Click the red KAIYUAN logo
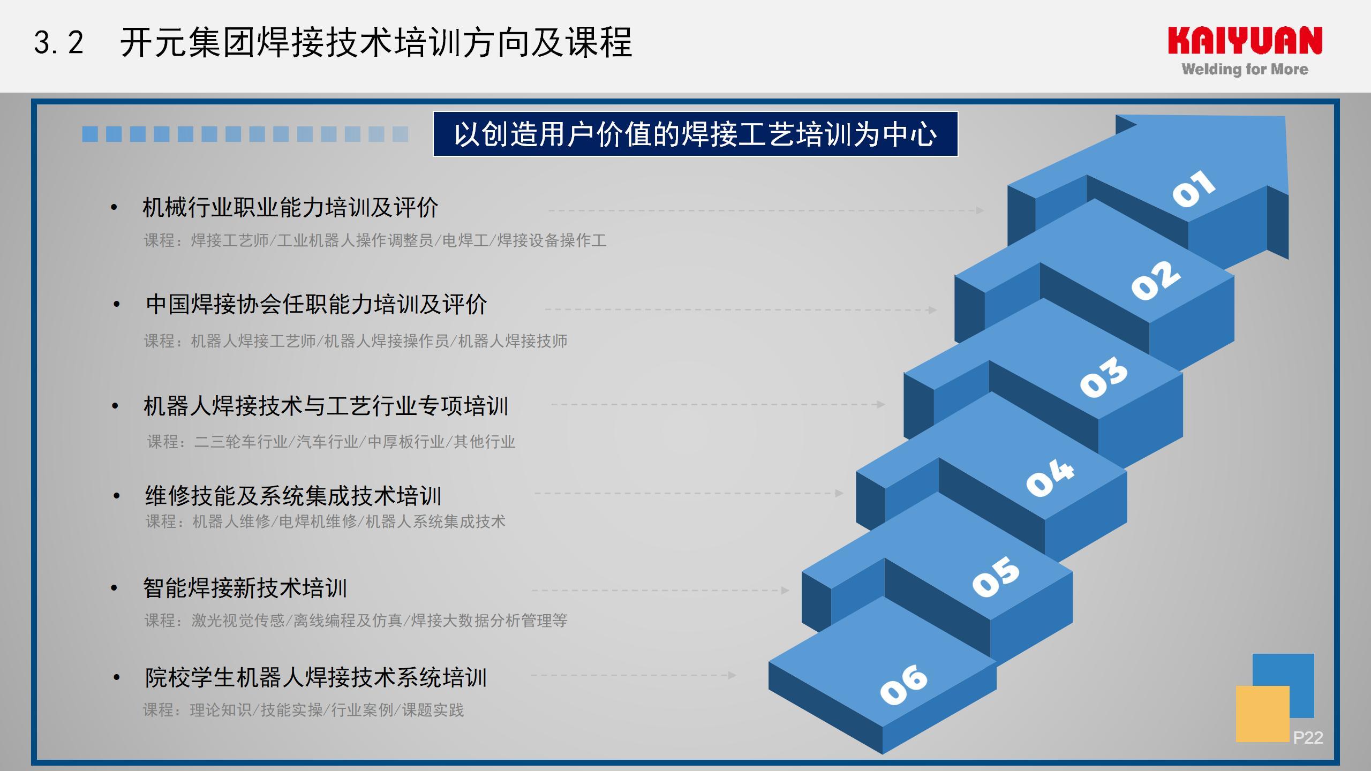[x=1245, y=41]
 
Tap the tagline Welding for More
[x=1245, y=69]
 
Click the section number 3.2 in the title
[x=59, y=42]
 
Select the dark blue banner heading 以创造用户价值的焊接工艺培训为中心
[x=695, y=134]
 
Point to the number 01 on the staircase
[x=1193, y=188]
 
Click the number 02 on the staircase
[x=1155, y=281]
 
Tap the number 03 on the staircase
[x=1103, y=377]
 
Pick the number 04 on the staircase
[x=1050, y=477]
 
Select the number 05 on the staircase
[x=996, y=576]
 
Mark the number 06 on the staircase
[x=903, y=685]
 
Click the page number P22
[x=1308, y=738]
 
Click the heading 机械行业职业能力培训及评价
[x=290, y=208]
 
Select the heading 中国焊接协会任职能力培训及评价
[x=317, y=305]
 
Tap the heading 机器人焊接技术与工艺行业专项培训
[x=326, y=406]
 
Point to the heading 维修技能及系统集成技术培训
[x=293, y=496]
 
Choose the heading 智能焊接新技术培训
[x=245, y=588]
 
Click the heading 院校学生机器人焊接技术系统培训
[x=316, y=678]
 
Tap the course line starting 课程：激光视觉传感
[x=356, y=621]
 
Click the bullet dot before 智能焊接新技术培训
[x=114, y=588]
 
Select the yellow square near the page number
[x=1263, y=714]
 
